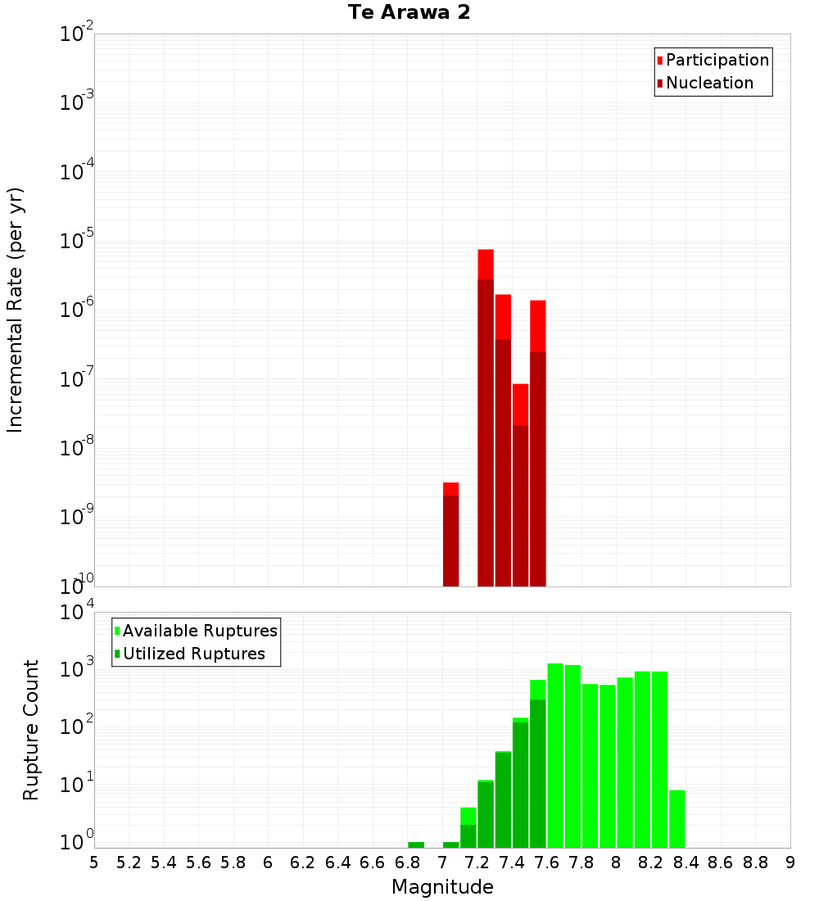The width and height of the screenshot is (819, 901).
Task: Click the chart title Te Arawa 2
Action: coord(409,13)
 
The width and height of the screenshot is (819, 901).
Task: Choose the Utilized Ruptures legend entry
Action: coord(193,654)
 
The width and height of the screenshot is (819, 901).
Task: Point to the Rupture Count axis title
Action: coord(31,730)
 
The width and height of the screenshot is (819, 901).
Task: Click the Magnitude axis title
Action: coord(442,887)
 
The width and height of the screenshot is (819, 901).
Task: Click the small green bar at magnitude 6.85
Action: coord(416,844)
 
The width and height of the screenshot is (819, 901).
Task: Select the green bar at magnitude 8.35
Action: coord(677,818)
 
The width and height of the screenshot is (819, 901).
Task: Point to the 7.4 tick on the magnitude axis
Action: coord(512,863)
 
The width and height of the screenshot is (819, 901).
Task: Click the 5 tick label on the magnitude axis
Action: coord(94,863)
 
